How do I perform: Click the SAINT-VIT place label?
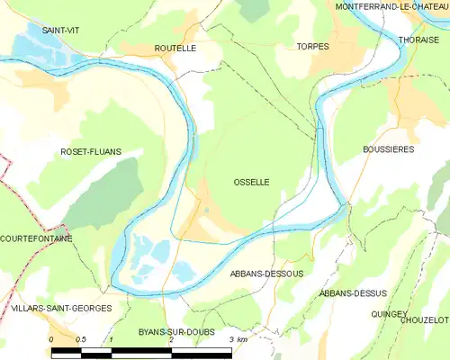[x=60, y=30]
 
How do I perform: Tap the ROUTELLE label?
[x=175, y=48]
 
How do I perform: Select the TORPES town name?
[x=312, y=46]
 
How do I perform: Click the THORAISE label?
[x=418, y=40]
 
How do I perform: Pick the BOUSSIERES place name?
[x=388, y=149]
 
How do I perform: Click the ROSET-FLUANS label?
[x=90, y=152]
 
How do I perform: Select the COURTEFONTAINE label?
[x=36, y=238]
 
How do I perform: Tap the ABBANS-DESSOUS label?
[x=267, y=273]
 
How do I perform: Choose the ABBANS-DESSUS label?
[x=354, y=293]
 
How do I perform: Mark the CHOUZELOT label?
[x=426, y=319]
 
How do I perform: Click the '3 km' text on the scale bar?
[x=238, y=339]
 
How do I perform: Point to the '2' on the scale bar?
[x=170, y=339]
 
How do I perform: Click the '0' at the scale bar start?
[x=52, y=339]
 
